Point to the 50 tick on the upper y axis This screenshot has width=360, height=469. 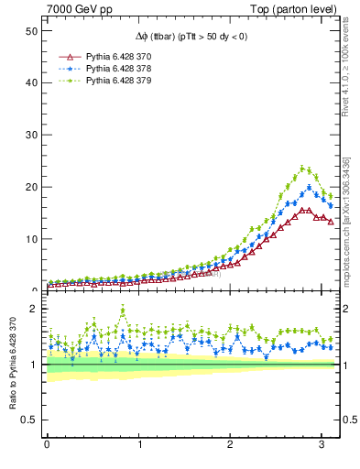pos(30,30)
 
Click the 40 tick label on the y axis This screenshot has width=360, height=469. pos(30,82)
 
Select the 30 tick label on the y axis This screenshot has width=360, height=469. pos(30,135)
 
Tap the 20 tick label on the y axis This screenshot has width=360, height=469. pos(30,187)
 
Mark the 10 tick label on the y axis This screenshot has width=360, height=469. pos(30,239)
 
